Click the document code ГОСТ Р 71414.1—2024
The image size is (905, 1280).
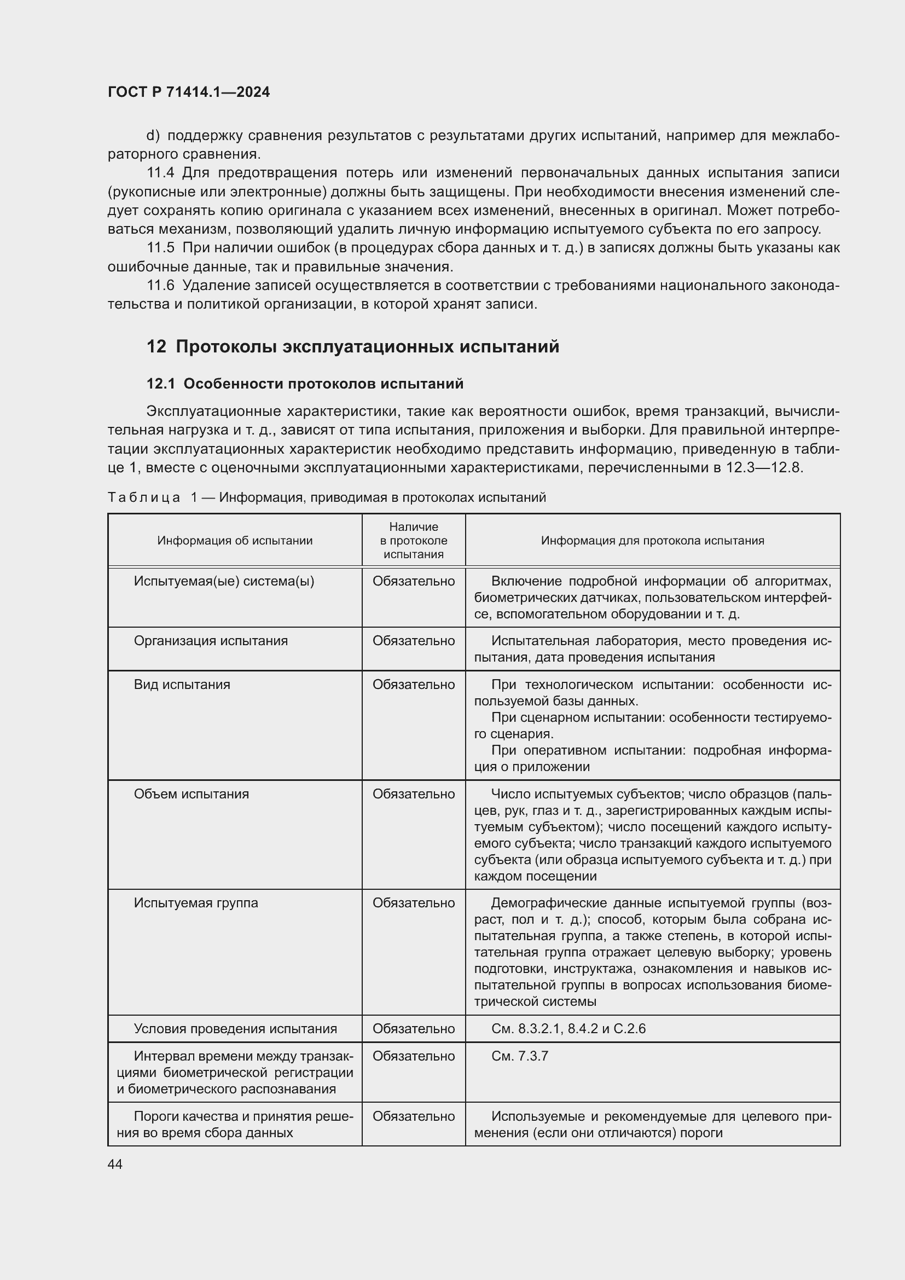(x=188, y=92)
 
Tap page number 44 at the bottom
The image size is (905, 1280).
(x=115, y=1165)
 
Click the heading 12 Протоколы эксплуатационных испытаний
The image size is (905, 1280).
(x=353, y=347)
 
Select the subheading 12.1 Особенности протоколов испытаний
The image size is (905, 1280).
(x=305, y=384)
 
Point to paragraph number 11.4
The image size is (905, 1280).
(x=161, y=173)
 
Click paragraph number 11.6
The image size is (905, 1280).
(x=160, y=286)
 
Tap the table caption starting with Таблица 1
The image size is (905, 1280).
(x=327, y=497)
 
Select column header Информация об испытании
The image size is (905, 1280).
(x=235, y=540)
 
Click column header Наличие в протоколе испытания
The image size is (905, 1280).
(x=414, y=540)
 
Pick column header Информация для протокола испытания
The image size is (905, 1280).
(x=653, y=540)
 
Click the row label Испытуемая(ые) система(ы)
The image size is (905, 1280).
(x=224, y=582)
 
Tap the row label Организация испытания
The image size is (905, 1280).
(x=211, y=641)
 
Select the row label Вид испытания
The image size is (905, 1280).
(x=182, y=685)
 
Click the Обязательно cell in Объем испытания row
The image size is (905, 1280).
(x=414, y=794)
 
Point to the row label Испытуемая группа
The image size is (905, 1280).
(x=195, y=903)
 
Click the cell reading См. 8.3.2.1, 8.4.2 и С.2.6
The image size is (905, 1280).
(x=568, y=1029)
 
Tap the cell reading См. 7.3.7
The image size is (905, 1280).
(x=519, y=1056)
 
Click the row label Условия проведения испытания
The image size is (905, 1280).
(x=235, y=1029)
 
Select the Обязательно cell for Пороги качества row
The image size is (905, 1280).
(x=414, y=1116)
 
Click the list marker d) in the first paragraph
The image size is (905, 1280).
(x=153, y=136)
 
